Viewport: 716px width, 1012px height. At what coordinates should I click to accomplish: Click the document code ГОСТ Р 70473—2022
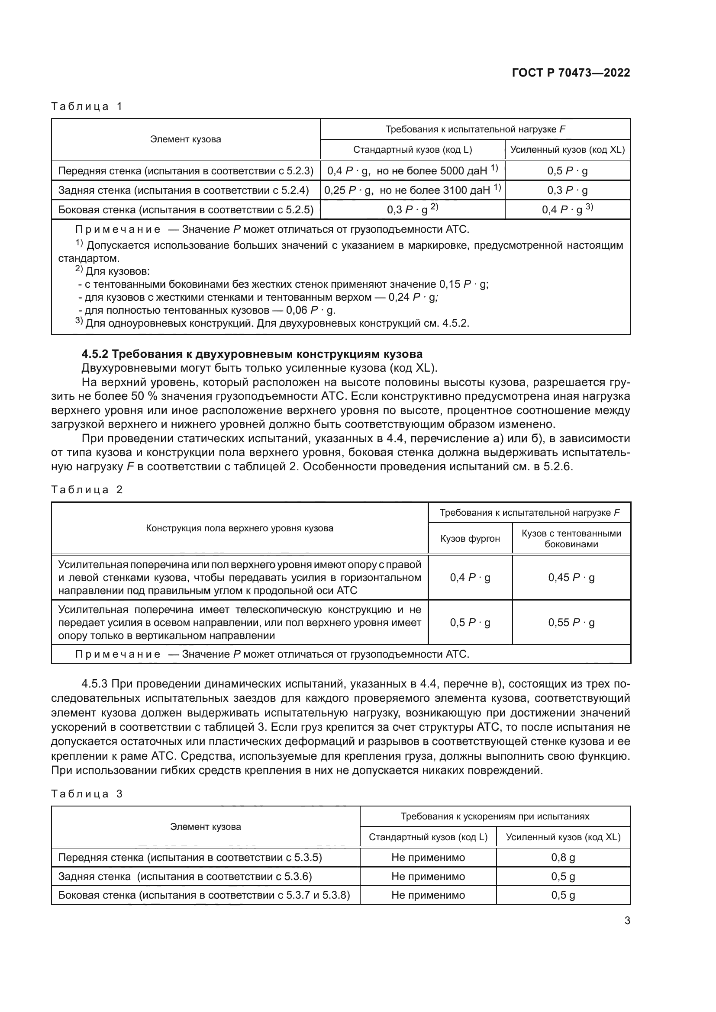coord(571,73)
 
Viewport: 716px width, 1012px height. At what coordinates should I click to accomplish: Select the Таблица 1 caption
coord(87,106)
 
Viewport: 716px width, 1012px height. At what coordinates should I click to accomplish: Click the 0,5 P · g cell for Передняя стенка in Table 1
coord(567,171)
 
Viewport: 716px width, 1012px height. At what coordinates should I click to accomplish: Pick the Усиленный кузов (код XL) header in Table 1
coord(567,149)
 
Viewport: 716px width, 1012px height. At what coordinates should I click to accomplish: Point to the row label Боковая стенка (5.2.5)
coord(186,210)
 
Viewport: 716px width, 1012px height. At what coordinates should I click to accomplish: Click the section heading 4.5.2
coord(252,354)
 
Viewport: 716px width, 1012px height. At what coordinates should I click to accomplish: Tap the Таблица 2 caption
coord(87,490)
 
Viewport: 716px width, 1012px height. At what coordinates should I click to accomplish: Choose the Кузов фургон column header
coord(470,538)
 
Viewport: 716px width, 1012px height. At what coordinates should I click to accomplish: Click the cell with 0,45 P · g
coord(571,578)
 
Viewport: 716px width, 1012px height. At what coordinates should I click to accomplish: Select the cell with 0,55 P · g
coord(571,622)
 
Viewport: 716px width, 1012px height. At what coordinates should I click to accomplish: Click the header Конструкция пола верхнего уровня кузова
coord(239,528)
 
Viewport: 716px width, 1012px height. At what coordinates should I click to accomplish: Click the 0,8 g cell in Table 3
coord(563,857)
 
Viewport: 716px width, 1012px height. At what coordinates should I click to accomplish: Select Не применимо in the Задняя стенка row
coord(428,876)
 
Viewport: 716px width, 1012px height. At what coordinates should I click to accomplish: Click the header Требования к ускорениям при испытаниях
coord(494,816)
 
